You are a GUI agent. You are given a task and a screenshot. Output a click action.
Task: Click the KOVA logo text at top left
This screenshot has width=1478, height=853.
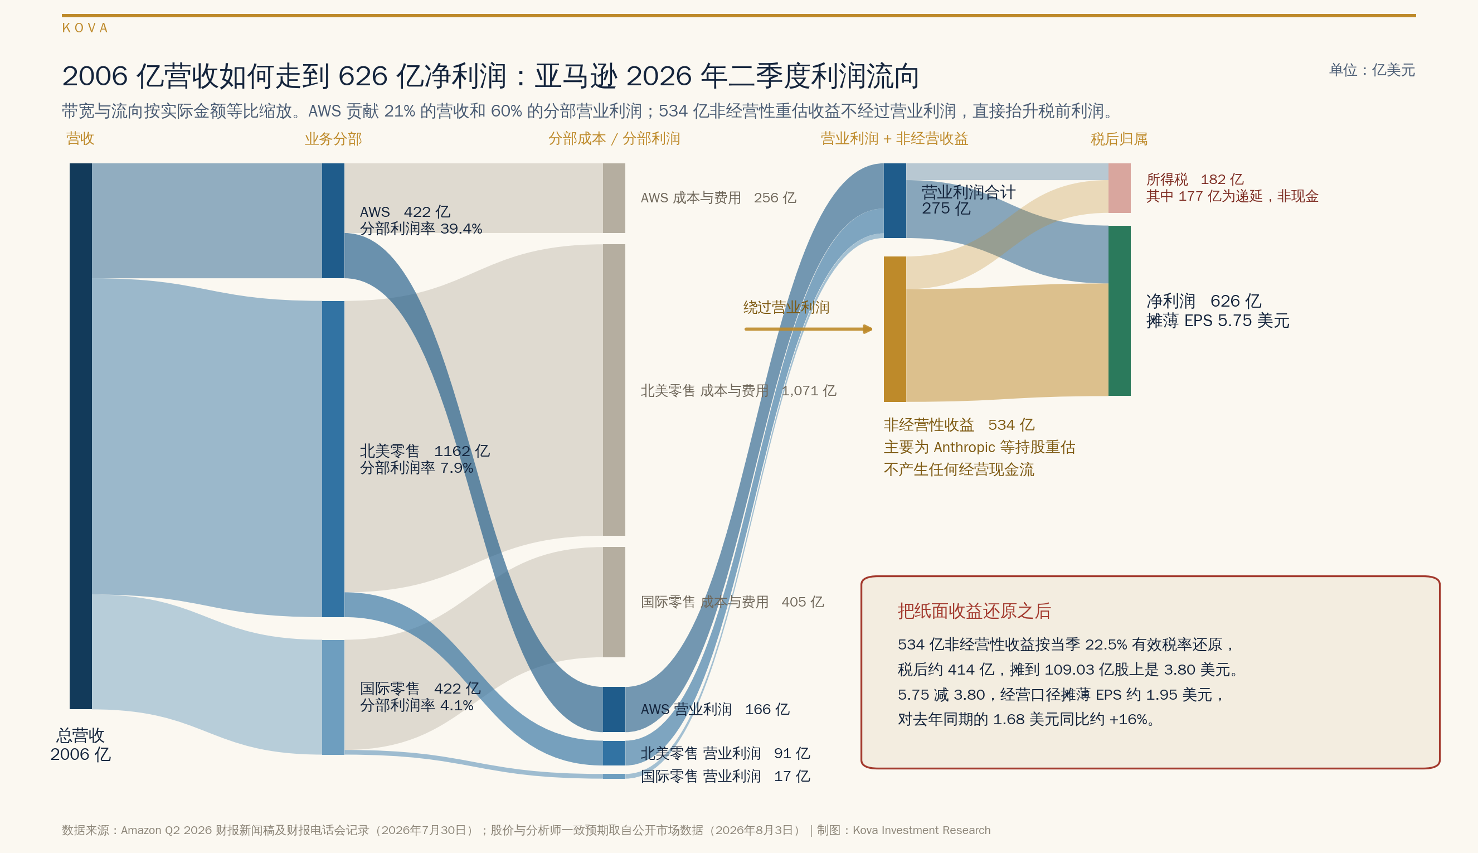click(85, 28)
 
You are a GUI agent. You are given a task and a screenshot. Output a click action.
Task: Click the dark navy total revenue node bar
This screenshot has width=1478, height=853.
click(81, 436)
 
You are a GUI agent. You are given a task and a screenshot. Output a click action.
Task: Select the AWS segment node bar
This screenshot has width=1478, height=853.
click(333, 221)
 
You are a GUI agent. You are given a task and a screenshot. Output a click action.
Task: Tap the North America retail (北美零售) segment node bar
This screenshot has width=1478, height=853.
click(333, 459)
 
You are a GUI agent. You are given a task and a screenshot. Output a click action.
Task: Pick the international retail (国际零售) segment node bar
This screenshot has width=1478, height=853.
click(333, 697)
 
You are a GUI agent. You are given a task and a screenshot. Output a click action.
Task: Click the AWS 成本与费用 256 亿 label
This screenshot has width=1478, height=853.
click(718, 198)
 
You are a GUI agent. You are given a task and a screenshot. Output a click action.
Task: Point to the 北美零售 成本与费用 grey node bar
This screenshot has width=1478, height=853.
click(614, 390)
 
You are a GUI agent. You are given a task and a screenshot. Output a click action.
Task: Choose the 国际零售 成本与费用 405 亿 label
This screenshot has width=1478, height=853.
click(732, 602)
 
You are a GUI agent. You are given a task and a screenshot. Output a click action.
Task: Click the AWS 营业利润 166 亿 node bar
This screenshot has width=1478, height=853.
click(614, 710)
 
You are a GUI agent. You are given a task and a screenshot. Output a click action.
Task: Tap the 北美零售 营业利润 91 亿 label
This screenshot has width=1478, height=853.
click(725, 753)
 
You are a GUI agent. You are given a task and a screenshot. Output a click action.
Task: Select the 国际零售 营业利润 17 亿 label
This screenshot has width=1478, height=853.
click(725, 776)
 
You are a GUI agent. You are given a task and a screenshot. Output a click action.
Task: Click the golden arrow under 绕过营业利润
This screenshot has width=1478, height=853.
click(809, 329)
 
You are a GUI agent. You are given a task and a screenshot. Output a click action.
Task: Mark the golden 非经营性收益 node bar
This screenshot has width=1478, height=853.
click(894, 329)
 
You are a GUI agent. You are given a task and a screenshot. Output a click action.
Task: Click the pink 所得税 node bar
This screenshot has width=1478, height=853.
click(1120, 188)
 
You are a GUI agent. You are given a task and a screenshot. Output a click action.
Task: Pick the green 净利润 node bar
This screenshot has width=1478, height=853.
click(1120, 311)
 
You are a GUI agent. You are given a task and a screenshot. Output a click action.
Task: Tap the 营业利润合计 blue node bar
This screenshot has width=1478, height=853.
click(894, 201)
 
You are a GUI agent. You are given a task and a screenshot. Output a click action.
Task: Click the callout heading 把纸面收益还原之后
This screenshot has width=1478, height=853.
click(974, 611)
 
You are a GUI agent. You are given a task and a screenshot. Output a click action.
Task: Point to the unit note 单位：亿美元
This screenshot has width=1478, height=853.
click(1372, 70)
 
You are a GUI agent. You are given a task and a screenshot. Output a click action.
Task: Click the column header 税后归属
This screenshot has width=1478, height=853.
click(1119, 139)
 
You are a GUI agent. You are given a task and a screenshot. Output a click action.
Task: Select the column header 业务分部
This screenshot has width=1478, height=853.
click(333, 139)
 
